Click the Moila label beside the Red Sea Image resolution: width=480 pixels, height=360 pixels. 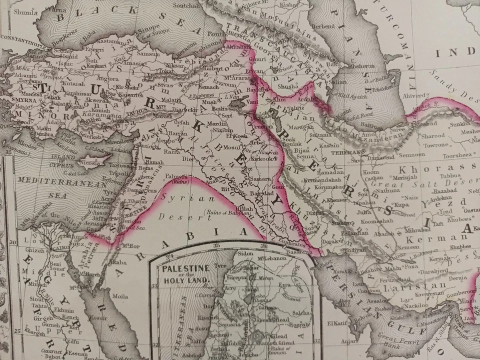[120, 295]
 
